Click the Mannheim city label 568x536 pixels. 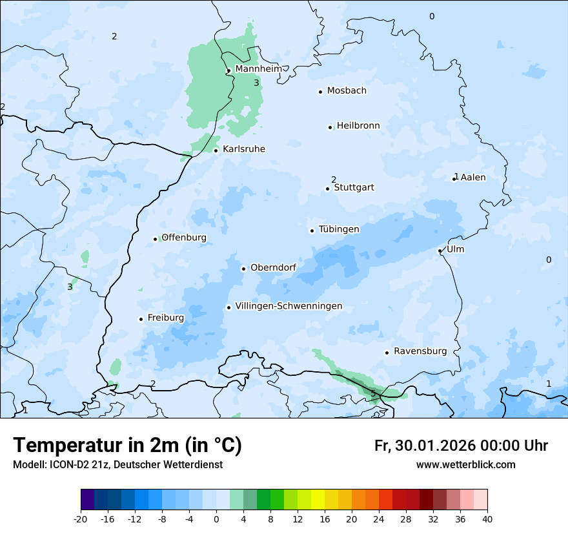click(x=258, y=68)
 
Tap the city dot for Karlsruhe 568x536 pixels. click(x=216, y=150)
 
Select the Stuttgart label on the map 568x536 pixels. click(x=354, y=188)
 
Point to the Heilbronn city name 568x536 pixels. click(x=358, y=126)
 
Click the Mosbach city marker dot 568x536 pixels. click(x=320, y=92)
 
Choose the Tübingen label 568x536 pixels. click(x=339, y=229)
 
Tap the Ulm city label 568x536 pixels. click(x=455, y=249)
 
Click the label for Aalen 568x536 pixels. click(x=473, y=177)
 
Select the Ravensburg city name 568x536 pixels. click(x=420, y=351)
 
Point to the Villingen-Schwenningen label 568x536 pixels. click(x=289, y=306)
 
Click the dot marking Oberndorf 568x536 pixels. click(x=243, y=269)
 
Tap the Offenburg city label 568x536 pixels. click(x=184, y=238)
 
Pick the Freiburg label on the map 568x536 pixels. click(x=165, y=318)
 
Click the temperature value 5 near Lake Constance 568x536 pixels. click(x=373, y=393)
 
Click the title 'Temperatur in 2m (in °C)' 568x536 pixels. click(x=127, y=446)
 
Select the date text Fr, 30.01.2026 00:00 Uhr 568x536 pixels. click(x=461, y=446)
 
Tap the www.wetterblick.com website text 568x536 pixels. click(x=465, y=464)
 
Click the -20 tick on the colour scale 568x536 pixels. click(x=81, y=519)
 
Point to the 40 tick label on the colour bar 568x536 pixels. click(x=487, y=519)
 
